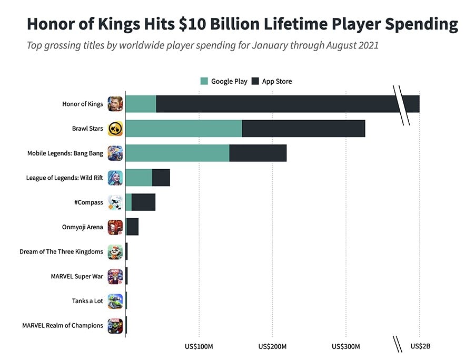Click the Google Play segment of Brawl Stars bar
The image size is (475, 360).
point(184,129)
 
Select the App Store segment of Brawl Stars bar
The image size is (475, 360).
point(303,129)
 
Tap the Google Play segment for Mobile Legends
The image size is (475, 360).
point(177,153)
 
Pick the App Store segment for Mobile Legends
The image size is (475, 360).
point(258,153)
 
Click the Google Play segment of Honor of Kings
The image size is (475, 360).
point(141,104)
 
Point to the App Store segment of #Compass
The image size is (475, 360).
point(143,202)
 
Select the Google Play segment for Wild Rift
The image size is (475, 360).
point(139,178)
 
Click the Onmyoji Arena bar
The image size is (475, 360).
point(132,227)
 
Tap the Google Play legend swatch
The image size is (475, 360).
point(204,81)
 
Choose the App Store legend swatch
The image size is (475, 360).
point(255,81)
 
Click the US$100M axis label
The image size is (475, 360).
point(199,346)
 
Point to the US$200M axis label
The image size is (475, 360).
point(272,346)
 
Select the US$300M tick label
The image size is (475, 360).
point(346,346)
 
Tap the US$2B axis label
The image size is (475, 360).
point(420,346)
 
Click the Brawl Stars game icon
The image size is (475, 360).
point(115,129)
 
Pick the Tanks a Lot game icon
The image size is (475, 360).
point(115,301)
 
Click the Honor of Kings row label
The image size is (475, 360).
point(83,104)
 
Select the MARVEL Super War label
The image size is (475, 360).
point(77,276)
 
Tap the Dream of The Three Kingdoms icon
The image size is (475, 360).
point(115,252)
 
